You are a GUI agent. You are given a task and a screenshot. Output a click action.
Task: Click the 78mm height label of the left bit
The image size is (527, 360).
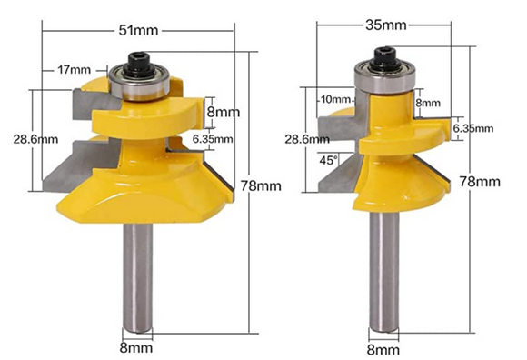point(262,185)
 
